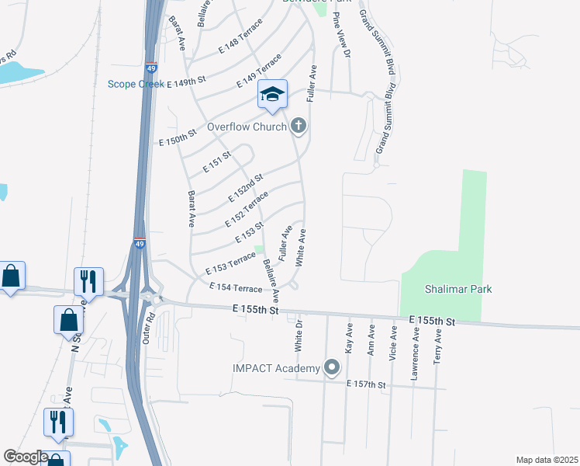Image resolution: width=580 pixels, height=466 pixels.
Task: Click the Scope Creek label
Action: point(135,83)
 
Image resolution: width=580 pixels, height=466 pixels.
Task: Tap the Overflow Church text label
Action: point(246,127)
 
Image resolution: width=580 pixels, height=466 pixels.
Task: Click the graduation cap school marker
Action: point(272,95)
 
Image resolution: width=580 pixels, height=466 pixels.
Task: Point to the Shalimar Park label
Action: point(458,289)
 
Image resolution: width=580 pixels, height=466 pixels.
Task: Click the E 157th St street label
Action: point(366,384)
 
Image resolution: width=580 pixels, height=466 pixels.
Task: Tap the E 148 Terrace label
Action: point(240,39)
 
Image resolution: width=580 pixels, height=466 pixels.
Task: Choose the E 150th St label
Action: point(181,138)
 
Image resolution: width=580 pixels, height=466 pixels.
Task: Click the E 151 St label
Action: point(217,163)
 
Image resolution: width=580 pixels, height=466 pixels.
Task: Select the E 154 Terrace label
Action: point(236,288)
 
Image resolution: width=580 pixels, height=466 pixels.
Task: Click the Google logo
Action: point(26,456)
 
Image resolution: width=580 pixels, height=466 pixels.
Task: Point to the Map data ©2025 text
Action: point(546,460)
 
